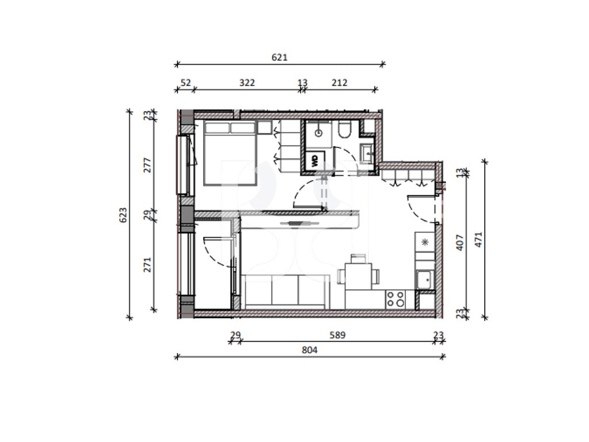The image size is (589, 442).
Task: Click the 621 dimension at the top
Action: [279, 58]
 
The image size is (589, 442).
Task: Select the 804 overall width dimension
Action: [309, 350]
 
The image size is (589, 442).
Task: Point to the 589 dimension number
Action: [337, 336]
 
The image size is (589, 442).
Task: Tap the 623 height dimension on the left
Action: [123, 215]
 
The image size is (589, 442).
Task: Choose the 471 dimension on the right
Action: [478, 240]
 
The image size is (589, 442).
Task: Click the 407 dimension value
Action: [460, 243]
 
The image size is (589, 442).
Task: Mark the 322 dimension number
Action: [247, 83]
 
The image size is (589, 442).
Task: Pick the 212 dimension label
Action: [339, 83]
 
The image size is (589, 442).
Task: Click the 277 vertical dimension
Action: [148, 165]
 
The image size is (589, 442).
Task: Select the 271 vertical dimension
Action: [148, 265]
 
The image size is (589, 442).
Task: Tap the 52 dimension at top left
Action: [186, 83]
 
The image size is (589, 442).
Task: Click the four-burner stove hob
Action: [396, 299]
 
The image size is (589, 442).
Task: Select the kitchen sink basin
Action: [425, 280]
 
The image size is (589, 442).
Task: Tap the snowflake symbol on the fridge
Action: [425, 242]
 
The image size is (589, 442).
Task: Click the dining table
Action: [358, 276]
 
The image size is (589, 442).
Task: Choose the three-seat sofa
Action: [285, 292]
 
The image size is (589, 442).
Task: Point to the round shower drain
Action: [319, 133]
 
